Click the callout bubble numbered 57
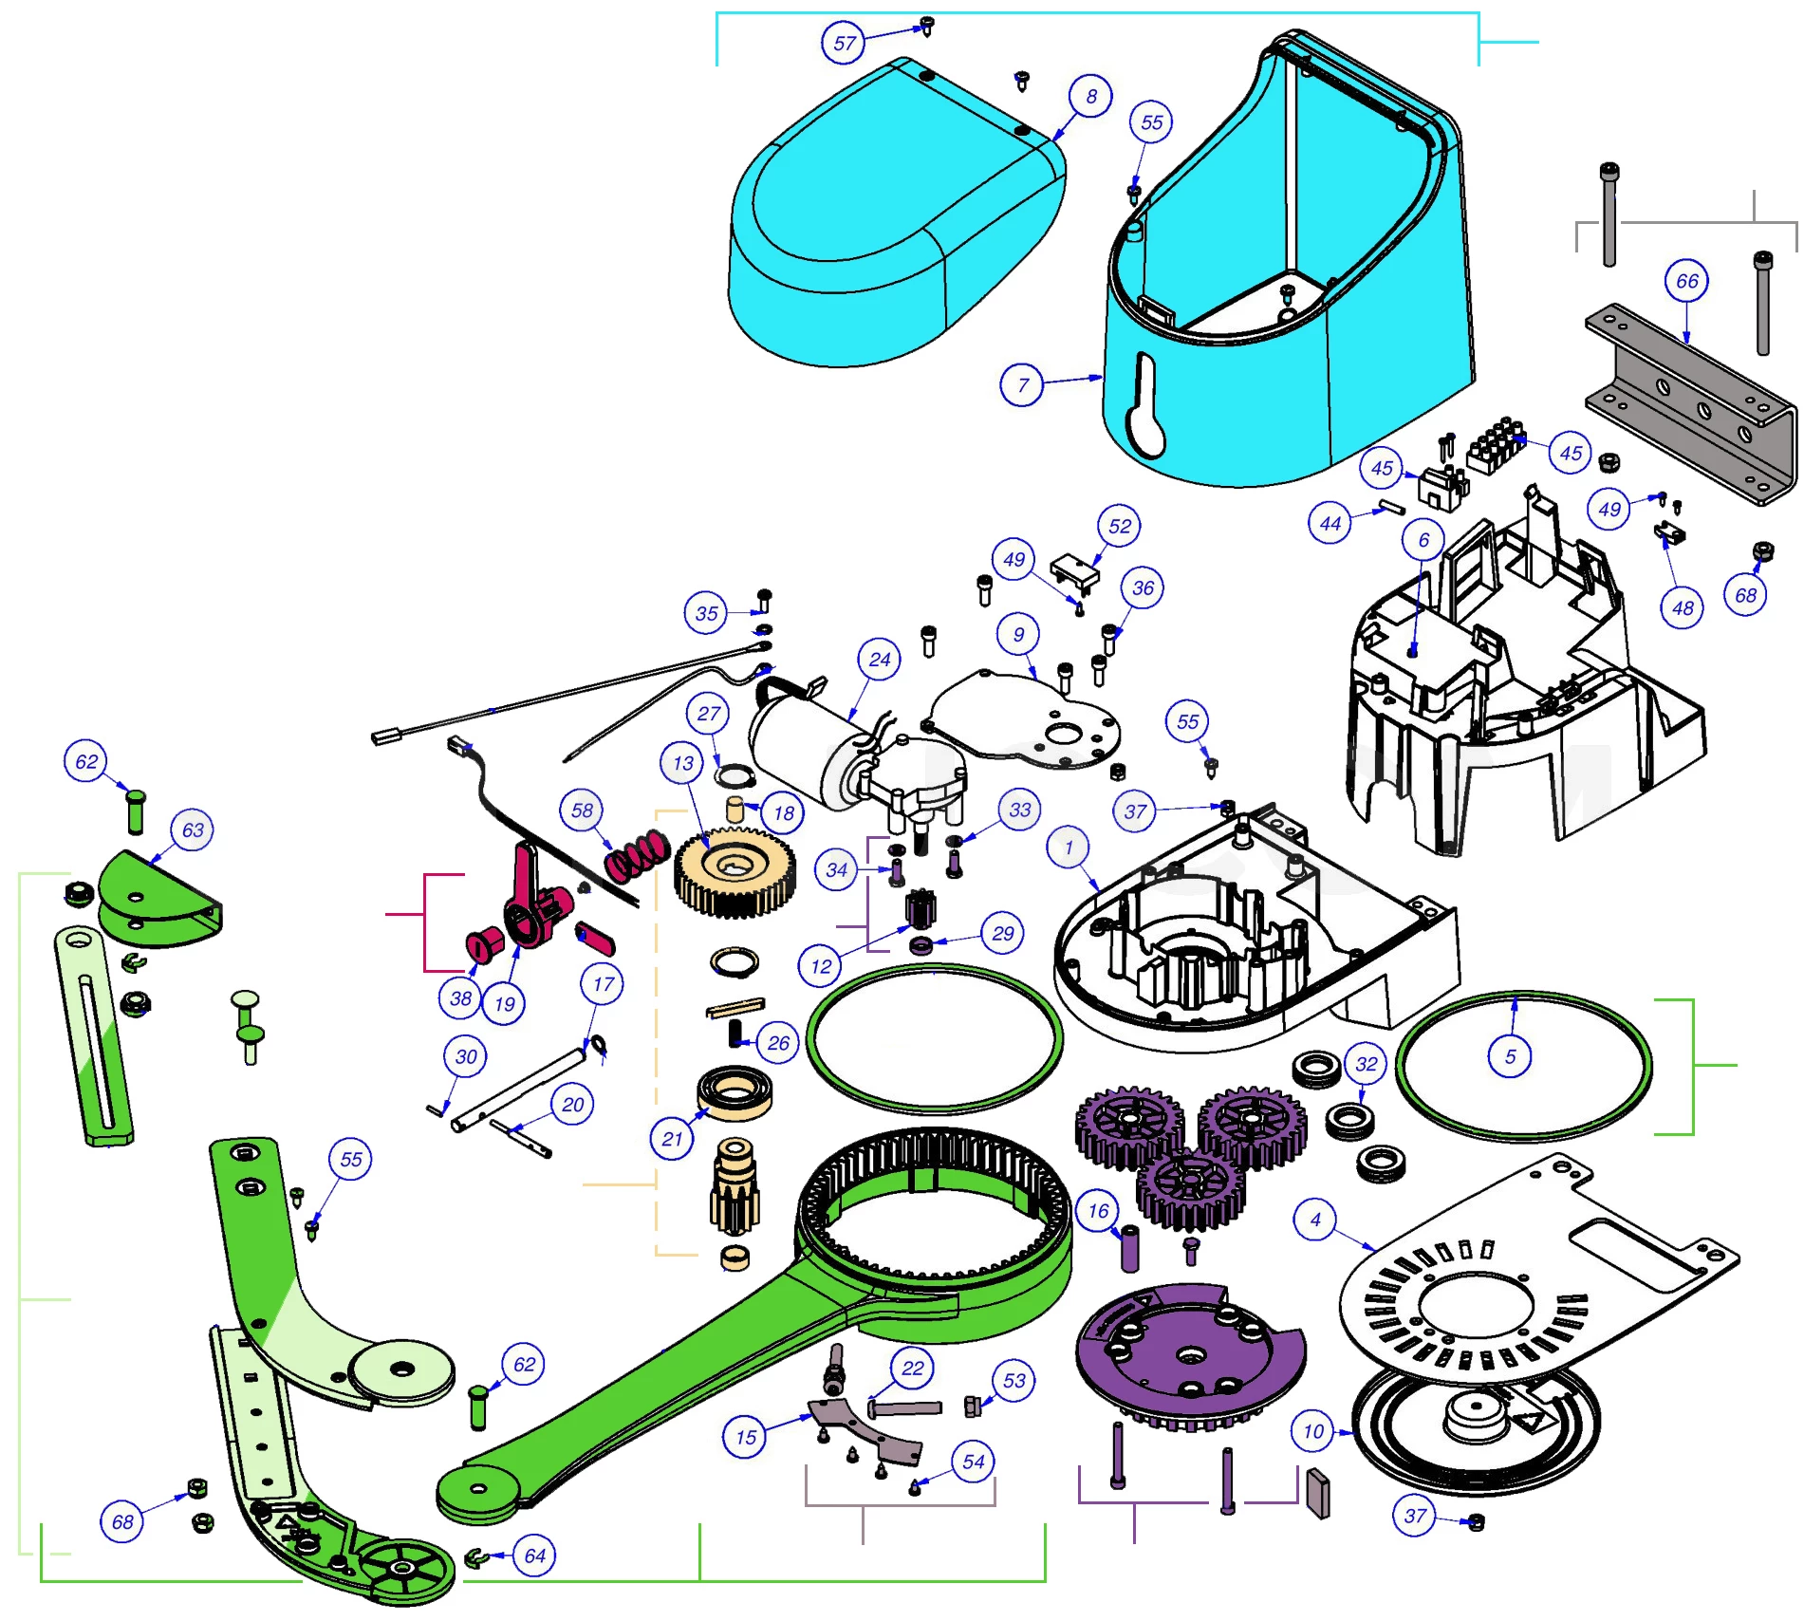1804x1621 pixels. [843, 43]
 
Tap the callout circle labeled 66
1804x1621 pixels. [1686, 281]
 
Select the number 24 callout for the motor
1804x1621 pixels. [880, 660]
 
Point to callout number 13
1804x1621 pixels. [683, 763]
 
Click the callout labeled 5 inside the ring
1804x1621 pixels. [1510, 1056]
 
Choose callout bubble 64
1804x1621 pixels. [534, 1556]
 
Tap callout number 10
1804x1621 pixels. [1313, 1431]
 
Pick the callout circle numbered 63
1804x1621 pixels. [193, 830]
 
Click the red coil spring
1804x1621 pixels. [638, 855]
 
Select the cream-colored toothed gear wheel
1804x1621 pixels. [735, 871]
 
